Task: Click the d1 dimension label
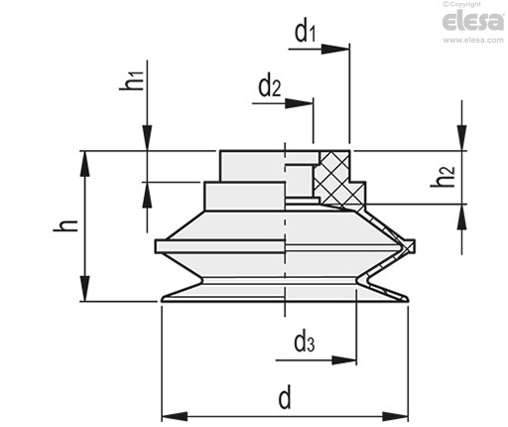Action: click(x=306, y=33)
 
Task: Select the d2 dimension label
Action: click(x=269, y=86)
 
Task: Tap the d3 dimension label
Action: click(x=304, y=343)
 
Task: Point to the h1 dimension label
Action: click(x=132, y=80)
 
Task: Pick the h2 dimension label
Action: click(x=443, y=177)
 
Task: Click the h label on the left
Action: click(x=65, y=225)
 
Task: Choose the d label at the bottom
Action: click(x=285, y=397)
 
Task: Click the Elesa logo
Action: click(x=473, y=21)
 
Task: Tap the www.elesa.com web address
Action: click(x=473, y=40)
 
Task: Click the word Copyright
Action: click(x=464, y=4)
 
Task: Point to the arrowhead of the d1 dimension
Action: click(x=335, y=49)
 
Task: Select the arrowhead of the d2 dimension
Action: click(x=299, y=103)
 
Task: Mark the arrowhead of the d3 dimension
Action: click(x=344, y=360)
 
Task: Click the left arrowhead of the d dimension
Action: click(x=175, y=416)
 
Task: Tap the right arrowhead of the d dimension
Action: click(x=395, y=416)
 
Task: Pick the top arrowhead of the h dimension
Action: click(x=85, y=164)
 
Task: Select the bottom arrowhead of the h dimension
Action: click(x=85, y=288)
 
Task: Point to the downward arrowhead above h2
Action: click(x=462, y=138)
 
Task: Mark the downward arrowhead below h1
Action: click(x=148, y=138)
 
